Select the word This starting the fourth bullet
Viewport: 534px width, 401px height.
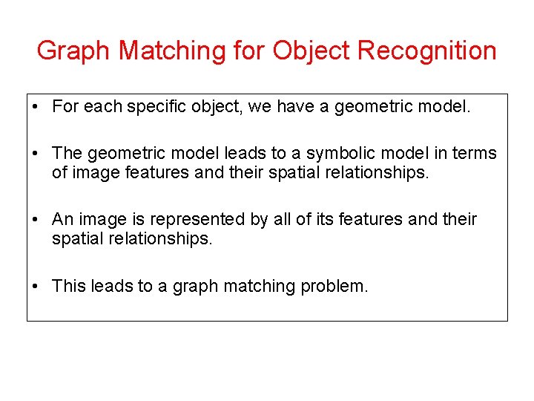pyautogui.click(x=69, y=286)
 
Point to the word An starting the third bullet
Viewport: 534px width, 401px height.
pyautogui.click(x=62, y=219)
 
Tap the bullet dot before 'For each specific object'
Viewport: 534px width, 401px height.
pyautogui.click(x=36, y=108)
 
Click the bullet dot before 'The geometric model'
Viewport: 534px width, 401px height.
pyautogui.click(x=36, y=154)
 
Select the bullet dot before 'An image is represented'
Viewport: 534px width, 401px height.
pyautogui.click(x=36, y=220)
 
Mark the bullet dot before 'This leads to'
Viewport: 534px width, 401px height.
pyautogui.click(x=36, y=287)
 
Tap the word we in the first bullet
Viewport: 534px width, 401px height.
pyautogui.click(x=260, y=107)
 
